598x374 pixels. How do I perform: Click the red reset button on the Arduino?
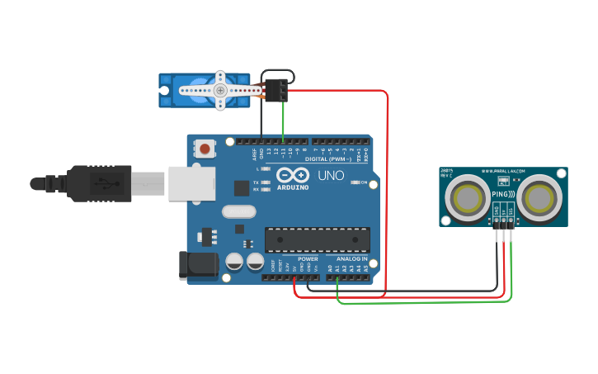click(x=204, y=149)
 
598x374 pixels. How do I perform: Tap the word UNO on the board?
click(x=331, y=176)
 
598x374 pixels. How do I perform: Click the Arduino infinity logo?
click(x=293, y=175)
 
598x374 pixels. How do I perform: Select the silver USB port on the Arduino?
click(x=191, y=183)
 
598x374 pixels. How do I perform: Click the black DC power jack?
click(x=198, y=265)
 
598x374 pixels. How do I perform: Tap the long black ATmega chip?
click(x=317, y=239)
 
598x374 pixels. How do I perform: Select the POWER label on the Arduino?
click(x=308, y=259)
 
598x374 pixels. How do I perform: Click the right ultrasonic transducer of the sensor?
click(x=542, y=198)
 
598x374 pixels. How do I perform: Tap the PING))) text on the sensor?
click(x=502, y=195)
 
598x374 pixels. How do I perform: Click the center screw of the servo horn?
click(x=220, y=90)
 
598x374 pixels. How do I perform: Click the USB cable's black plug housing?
click(x=99, y=183)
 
